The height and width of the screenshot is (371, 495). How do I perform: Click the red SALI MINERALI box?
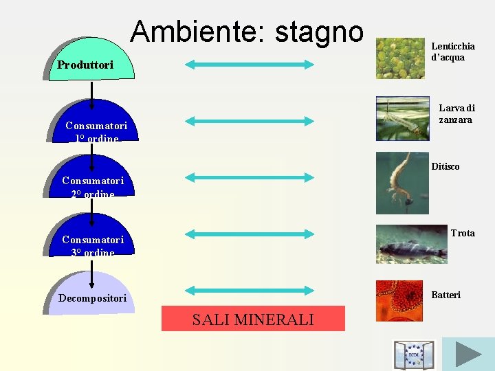click(x=253, y=319)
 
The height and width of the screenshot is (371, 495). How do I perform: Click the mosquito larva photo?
click(x=402, y=118)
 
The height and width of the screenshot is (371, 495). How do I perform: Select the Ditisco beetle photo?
click(x=401, y=183)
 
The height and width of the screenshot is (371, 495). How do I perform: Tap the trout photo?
click(x=411, y=244)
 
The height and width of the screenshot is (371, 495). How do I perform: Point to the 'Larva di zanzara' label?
click(x=456, y=114)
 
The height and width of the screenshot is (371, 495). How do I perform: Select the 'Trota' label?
click(x=462, y=234)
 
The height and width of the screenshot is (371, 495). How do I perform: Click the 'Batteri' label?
click(x=445, y=295)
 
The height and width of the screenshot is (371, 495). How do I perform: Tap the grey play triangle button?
click(x=468, y=354)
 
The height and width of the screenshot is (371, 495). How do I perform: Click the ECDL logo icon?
click(x=414, y=355)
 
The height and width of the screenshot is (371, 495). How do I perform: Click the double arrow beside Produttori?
click(x=249, y=65)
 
